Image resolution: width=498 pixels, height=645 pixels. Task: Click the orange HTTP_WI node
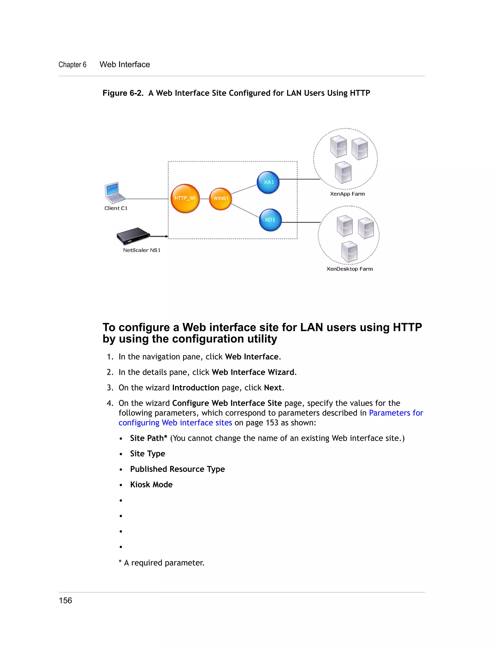(x=185, y=198)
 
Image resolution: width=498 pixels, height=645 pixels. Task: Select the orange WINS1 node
(x=220, y=199)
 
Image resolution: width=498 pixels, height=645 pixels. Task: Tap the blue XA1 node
(x=268, y=183)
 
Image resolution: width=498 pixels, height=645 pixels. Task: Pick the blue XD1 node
(x=270, y=220)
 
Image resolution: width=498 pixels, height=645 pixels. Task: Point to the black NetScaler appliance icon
(x=133, y=236)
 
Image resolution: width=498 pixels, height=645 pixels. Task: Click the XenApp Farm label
(x=347, y=194)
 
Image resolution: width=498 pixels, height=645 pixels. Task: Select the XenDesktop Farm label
(x=350, y=269)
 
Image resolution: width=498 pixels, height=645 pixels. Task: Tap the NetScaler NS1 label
(x=142, y=250)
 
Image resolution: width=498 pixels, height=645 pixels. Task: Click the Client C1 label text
(x=116, y=208)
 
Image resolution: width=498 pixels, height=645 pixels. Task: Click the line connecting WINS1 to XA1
(x=244, y=189)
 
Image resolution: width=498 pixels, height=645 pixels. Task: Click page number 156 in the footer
(x=65, y=600)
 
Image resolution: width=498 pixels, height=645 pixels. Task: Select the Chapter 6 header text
(x=72, y=65)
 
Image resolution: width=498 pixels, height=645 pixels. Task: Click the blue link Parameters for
(x=396, y=413)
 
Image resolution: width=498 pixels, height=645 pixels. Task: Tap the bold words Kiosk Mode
(x=151, y=485)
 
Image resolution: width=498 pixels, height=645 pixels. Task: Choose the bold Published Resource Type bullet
(x=177, y=469)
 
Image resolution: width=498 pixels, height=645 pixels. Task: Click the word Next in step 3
(x=273, y=387)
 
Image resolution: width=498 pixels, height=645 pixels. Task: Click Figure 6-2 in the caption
(x=123, y=93)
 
